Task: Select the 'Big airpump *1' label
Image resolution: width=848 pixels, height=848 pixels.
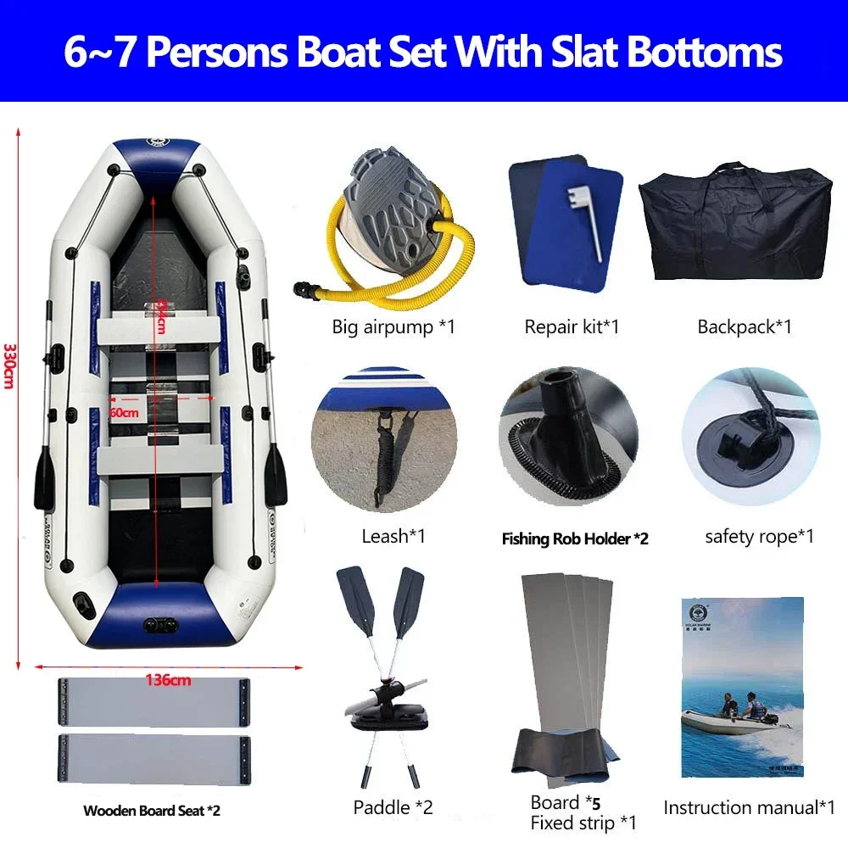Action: tap(393, 326)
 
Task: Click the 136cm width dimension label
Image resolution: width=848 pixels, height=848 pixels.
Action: tap(168, 679)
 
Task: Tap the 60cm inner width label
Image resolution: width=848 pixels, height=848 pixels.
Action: tap(124, 411)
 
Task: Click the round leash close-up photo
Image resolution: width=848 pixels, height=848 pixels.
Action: tap(384, 439)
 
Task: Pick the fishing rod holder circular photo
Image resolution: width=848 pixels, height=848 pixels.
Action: tap(568, 439)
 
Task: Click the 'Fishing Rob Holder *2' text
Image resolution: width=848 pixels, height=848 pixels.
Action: tap(575, 538)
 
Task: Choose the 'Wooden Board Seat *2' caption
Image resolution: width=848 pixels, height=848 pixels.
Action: tap(152, 811)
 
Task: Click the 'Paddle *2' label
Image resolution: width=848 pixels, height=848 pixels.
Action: tap(393, 807)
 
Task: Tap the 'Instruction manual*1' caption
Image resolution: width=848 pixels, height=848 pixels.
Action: tap(750, 807)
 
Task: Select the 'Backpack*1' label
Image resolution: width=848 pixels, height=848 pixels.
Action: tap(745, 326)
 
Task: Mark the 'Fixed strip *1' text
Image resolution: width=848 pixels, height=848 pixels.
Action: tap(583, 822)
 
